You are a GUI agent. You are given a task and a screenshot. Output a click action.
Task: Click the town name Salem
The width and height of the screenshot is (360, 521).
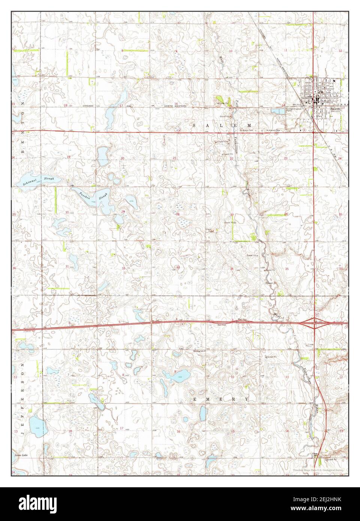click(x=335, y=107)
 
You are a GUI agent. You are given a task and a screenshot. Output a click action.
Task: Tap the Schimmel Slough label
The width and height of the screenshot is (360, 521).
click(x=38, y=181)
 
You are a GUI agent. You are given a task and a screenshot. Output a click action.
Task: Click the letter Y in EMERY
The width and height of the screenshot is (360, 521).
click(x=247, y=399)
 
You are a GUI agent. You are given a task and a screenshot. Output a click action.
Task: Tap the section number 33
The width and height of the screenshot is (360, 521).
click(x=178, y=267)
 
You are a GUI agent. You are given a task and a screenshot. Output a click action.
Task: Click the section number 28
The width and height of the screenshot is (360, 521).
click(x=178, y=214)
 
